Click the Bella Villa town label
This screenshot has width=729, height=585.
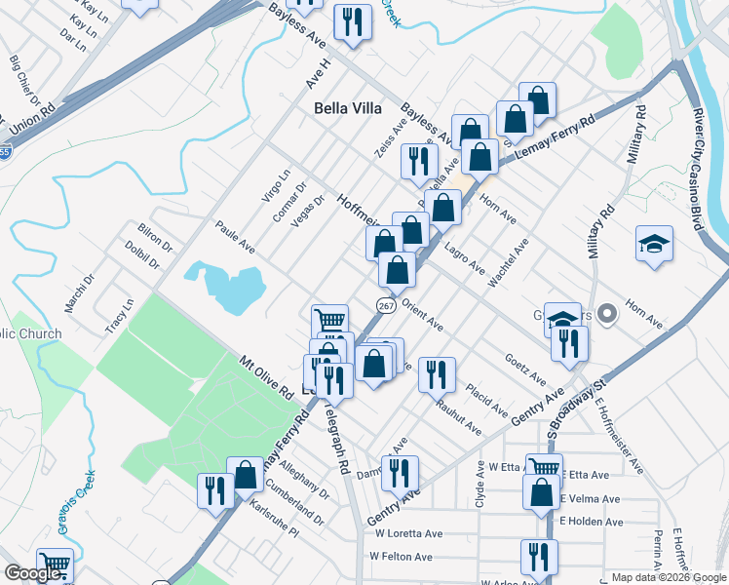(348, 108)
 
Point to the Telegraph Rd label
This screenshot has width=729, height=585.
(336, 439)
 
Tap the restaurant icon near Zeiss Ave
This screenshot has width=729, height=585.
(419, 160)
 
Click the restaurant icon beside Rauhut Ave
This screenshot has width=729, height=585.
(438, 373)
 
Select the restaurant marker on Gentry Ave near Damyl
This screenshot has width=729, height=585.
(399, 473)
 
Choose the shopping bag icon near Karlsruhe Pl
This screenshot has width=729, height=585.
(246, 475)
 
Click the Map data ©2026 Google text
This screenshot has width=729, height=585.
(669, 577)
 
